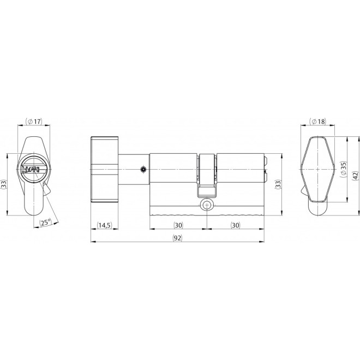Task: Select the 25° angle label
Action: pos(46,221)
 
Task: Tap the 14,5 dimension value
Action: pos(104,225)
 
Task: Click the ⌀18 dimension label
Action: pos(317,121)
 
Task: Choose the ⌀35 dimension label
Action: pos(343,169)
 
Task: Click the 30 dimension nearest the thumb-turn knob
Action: pos(178,225)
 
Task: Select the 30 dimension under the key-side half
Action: pos(236,225)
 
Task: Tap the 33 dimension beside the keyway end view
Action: pos(4,184)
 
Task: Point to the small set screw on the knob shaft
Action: pos(142,170)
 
